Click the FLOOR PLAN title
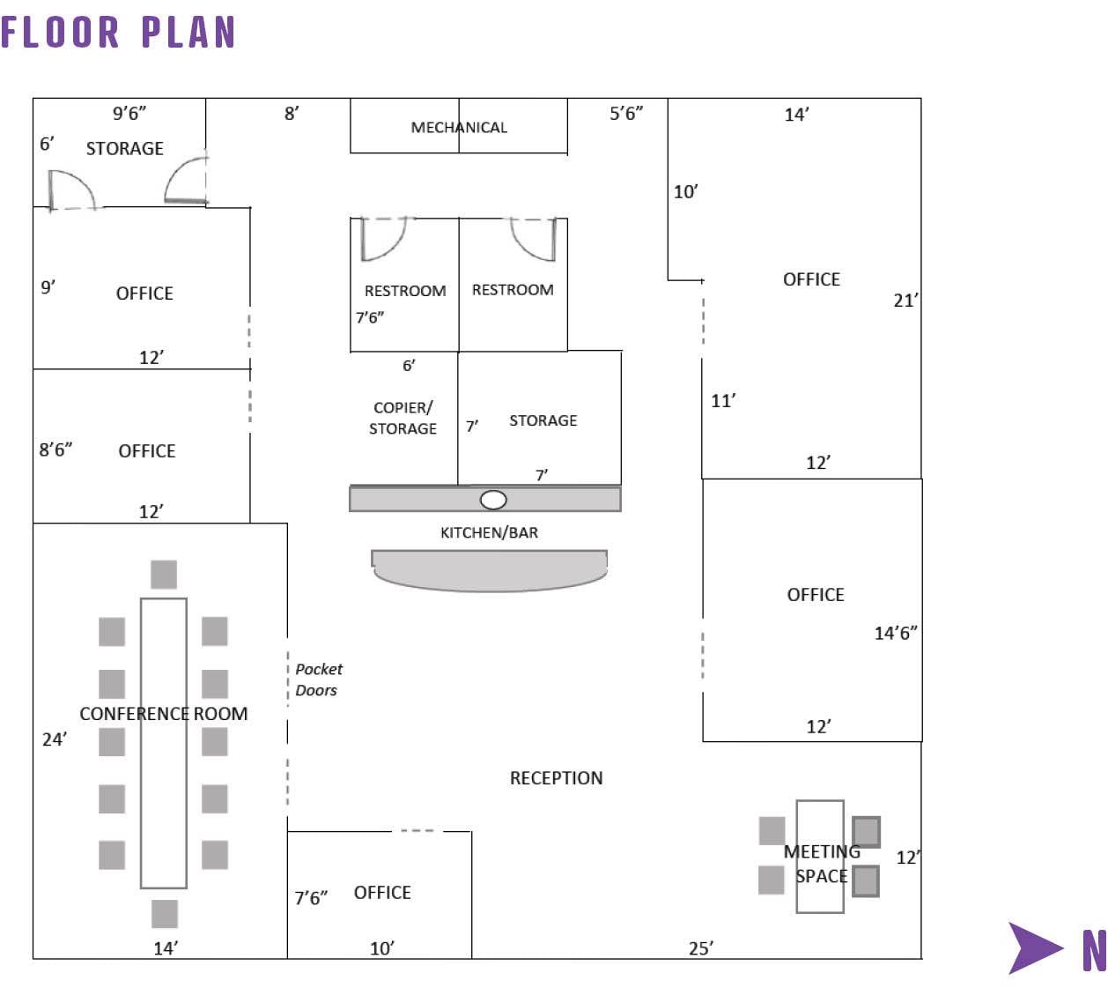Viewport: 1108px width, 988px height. pyautogui.click(x=118, y=33)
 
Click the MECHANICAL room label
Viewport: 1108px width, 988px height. pyautogui.click(x=459, y=128)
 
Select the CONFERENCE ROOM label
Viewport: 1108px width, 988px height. pyautogui.click(x=164, y=714)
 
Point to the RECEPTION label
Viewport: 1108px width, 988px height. pyautogui.click(x=556, y=778)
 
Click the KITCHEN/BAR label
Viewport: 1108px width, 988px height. pyautogui.click(x=489, y=532)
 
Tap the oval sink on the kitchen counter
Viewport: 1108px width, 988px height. pyautogui.click(x=493, y=500)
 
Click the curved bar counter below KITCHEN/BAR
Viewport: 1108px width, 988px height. pyautogui.click(x=489, y=570)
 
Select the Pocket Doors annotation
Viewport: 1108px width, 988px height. pyautogui.click(x=318, y=680)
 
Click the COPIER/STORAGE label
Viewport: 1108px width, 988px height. pyautogui.click(x=403, y=418)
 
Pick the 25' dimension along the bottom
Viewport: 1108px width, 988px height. pyautogui.click(x=701, y=948)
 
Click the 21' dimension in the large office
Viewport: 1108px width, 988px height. pyautogui.click(x=905, y=301)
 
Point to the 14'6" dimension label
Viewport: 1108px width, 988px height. pyautogui.click(x=895, y=633)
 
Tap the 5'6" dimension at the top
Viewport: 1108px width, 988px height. pyautogui.click(x=626, y=114)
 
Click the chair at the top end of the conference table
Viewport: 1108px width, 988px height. pyautogui.click(x=164, y=575)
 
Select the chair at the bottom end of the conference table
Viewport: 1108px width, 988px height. pyautogui.click(x=165, y=913)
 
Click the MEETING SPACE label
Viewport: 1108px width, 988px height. pyautogui.click(x=821, y=864)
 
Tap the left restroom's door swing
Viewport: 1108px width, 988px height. pyautogui.click(x=382, y=239)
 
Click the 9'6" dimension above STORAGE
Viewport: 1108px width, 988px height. pyautogui.click(x=129, y=114)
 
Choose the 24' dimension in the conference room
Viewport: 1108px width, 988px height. pyautogui.click(x=54, y=739)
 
